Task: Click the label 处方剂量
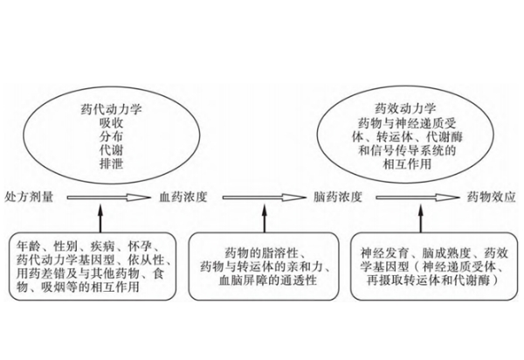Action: (29, 197)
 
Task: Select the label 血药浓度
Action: (183, 197)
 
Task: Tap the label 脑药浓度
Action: (338, 197)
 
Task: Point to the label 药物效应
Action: (491, 197)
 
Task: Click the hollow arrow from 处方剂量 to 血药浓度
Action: (109, 197)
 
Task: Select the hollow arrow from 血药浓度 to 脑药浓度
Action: (264, 197)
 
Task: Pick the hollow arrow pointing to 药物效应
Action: (417, 197)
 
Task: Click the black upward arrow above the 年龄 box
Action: (100, 218)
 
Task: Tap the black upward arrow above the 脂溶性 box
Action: (265, 218)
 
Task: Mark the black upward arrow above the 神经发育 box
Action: (420, 218)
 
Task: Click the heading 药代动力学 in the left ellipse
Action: (111, 109)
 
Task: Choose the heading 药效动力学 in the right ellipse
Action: (405, 109)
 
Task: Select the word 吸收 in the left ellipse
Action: (111, 123)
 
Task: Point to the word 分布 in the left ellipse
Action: (111, 136)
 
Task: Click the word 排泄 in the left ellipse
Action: (111, 163)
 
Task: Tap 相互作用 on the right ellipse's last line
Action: (407, 164)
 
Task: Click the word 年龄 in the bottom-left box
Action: (29, 246)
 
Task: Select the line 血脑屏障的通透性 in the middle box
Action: (268, 280)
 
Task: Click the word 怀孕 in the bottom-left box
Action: (140, 246)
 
